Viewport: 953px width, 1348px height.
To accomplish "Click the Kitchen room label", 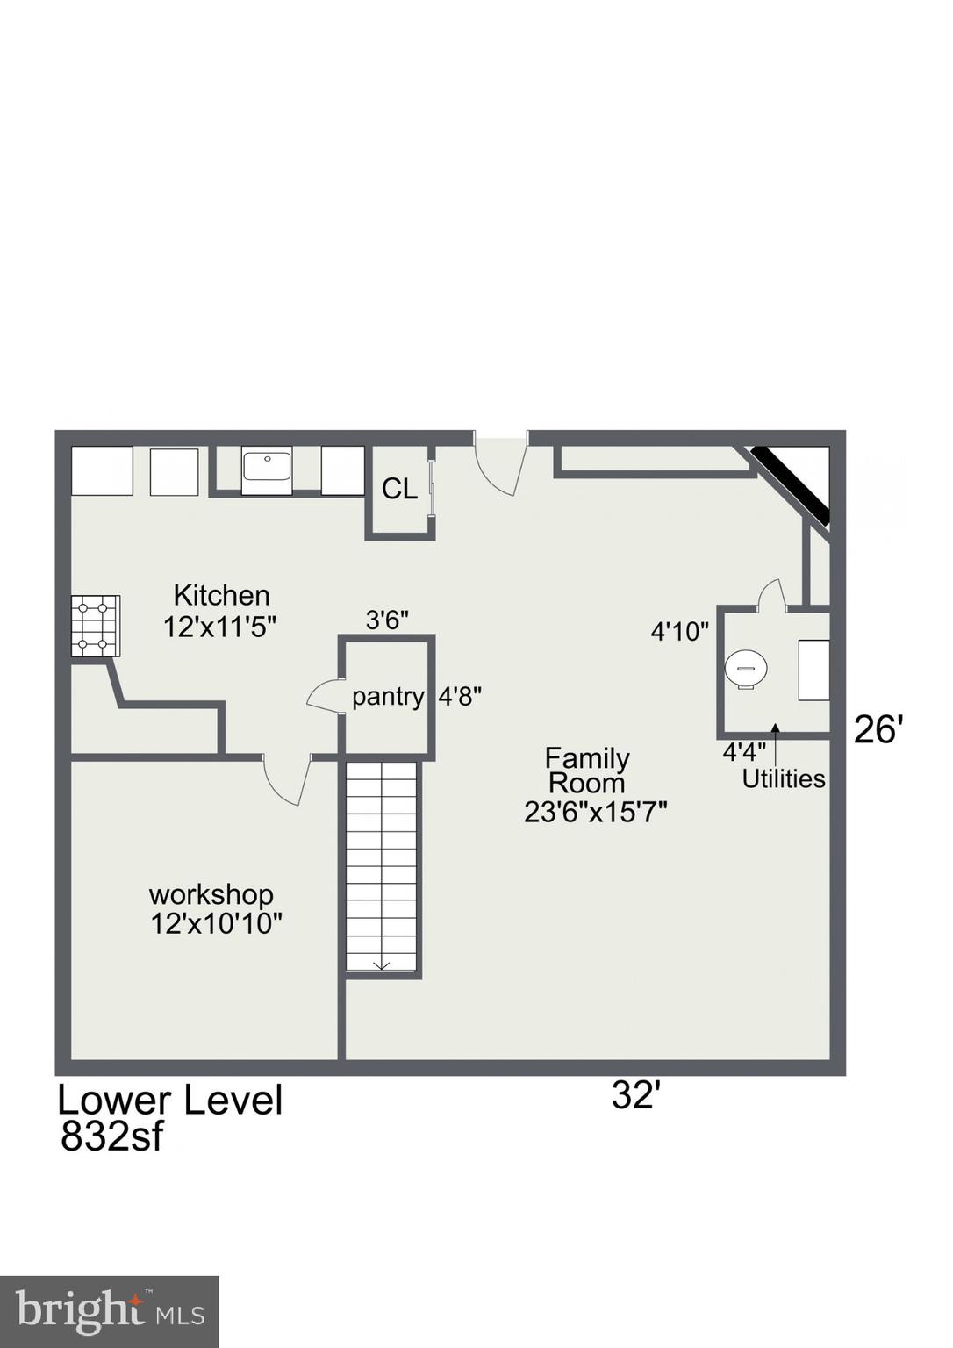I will [x=221, y=595].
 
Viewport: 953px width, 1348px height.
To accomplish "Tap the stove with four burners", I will [x=95, y=626].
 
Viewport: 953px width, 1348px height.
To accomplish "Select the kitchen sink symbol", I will [x=267, y=467].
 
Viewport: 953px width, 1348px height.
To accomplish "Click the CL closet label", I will [x=399, y=489].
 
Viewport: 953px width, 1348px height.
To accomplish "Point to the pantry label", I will [x=388, y=696].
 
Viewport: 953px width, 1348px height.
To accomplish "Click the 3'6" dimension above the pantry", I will [x=387, y=620].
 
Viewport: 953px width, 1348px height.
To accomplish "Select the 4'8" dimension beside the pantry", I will [x=460, y=696].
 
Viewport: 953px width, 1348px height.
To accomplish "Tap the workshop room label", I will [x=211, y=894].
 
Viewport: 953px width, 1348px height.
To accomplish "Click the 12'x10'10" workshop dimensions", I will [x=217, y=923].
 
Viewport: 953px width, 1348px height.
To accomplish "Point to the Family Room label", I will [x=587, y=770].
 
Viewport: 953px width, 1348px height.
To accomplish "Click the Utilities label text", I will [x=784, y=778].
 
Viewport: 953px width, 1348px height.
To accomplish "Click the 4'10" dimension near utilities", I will [x=679, y=631].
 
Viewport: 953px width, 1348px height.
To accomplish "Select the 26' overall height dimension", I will [x=878, y=729].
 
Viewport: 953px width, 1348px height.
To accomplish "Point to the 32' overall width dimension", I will [x=635, y=1095].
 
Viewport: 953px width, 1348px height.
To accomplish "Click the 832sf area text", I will [x=111, y=1136].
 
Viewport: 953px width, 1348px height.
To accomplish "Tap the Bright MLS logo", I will [x=109, y=1311].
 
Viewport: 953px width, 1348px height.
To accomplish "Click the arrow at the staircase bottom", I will [x=382, y=964].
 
